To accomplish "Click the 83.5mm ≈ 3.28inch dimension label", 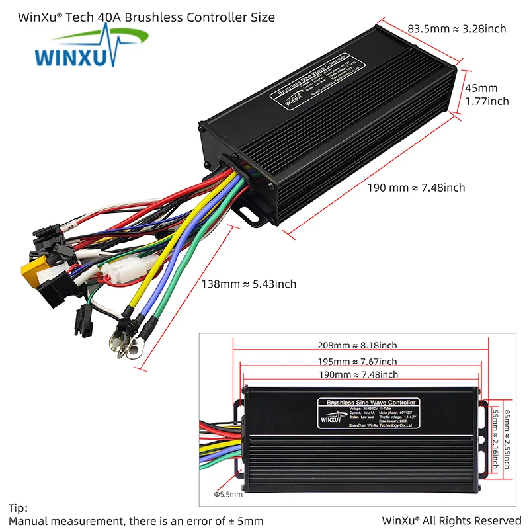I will coord(456,29).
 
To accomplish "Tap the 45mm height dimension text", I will coord(481,88).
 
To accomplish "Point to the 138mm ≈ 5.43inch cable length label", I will coord(249,284).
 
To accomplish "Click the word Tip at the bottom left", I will coord(17,508).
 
